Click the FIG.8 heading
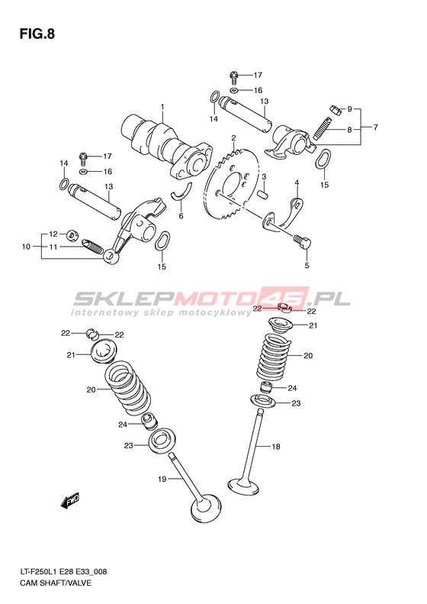point(37,34)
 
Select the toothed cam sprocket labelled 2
point(231,185)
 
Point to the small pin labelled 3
point(262,194)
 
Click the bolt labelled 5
point(302,241)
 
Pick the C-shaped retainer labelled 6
point(181,192)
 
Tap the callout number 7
point(375,127)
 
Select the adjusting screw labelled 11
point(93,247)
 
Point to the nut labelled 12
point(71,234)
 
